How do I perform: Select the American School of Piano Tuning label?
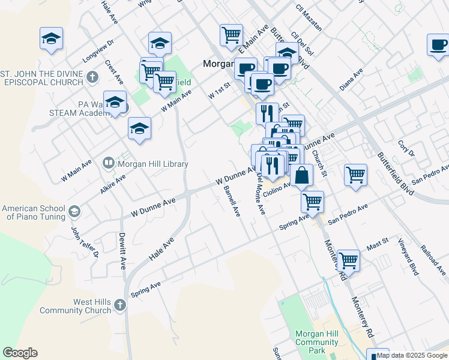tap(32, 212)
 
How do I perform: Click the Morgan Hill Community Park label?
tap(316, 342)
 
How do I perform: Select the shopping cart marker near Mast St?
tap(348, 260)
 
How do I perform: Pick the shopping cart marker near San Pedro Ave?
tap(355, 175)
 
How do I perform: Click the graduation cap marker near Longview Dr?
tap(52, 39)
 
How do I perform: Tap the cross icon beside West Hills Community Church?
tap(119, 305)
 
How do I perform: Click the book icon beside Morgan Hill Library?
tap(109, 162)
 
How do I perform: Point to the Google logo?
tap(20, 353)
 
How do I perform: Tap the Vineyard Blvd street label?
tap(408, 256)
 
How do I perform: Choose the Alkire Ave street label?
tap(113, 182)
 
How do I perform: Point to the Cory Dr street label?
tap(406, 148)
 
